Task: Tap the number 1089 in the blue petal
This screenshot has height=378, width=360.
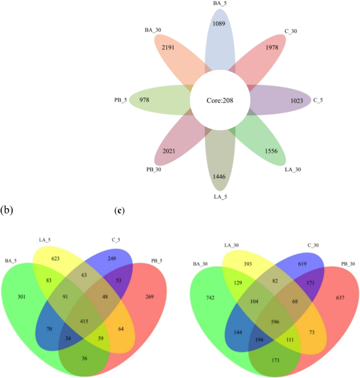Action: click(219, 24)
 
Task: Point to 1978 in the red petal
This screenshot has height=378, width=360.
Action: click(272, 47)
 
